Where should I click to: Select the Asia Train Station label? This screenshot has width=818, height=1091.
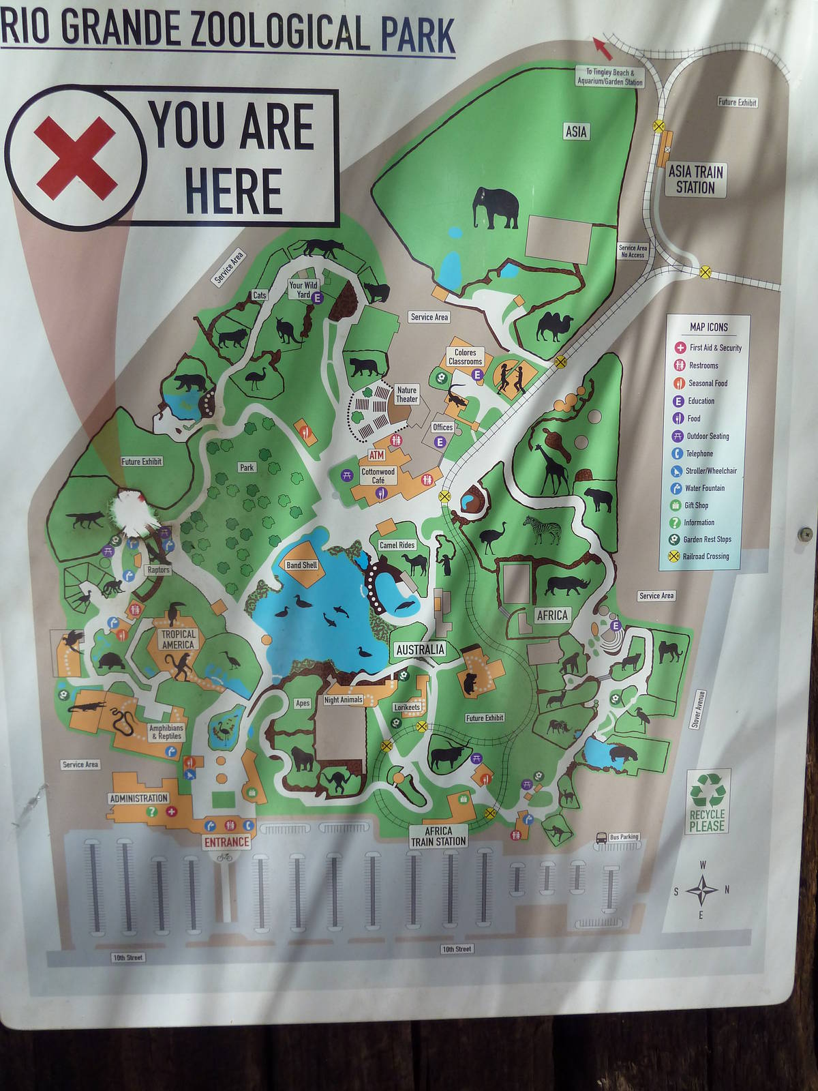pyautogui.click(x=695, y=179)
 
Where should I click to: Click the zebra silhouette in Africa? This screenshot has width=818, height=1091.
pyautogui.click(x=542, y=530)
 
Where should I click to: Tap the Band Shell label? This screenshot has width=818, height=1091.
pyautogui.click(x=302, y=565)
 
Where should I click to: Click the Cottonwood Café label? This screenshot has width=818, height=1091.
pyautogui.click(x=378, y=476)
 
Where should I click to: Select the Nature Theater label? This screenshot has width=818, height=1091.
pyautogui.click(x=406, y=395)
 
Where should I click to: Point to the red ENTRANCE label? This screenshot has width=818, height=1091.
pyautogui.click(x=227, y=842)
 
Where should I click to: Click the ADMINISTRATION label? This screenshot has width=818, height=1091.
pyautogui.click(x=138, y=798)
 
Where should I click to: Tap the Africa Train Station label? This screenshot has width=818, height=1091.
pyautogui.click(x=438, y=837)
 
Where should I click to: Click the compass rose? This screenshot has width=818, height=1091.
pyautogui.click(x=701, y=890)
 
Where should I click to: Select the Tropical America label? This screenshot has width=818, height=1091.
pyautogui.click(x=178, y=639)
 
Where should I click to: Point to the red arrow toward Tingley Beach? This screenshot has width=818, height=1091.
pyautogui.click(x=601, y=46)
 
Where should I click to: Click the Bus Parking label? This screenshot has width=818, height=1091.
pyautogui.click(x=624, y=837)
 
